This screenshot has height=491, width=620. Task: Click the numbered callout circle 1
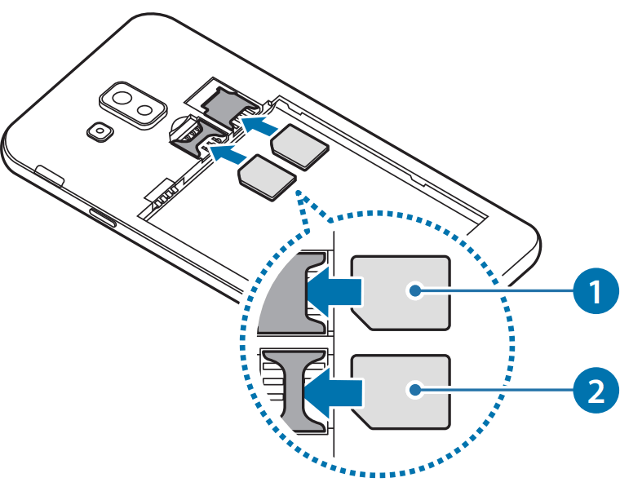click(595, 290)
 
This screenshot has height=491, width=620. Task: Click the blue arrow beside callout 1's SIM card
click(334, 291)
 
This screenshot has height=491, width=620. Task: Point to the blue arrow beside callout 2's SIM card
click(334, 391)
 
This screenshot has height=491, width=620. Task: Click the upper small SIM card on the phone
click(299, 148)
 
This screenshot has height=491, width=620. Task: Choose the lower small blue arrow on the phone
click(228, 151)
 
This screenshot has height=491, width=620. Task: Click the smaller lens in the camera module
click(144, 109)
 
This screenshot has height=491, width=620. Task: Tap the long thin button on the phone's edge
click(101, 218)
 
